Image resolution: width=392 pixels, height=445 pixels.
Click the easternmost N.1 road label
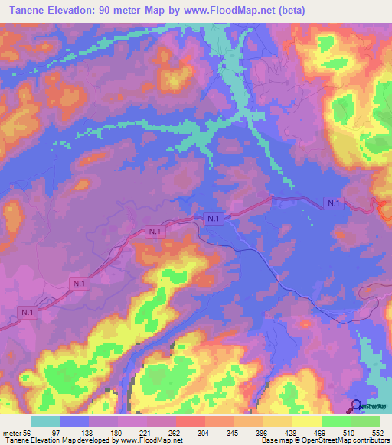pyautogui.click(x=333, y=203)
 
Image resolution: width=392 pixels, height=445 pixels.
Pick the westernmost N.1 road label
pyautogui.click(x=27, y=312)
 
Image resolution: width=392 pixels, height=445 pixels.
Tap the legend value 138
pyautogui.click(x=87, y=432)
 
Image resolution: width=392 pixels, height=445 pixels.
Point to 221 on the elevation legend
pyautogui.click(x=145, y=432)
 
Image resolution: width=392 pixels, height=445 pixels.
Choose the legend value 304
pyautogui.click(x=204, y=432)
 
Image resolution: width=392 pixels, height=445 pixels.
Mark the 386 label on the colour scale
pyautogui.click(x=262, y=432)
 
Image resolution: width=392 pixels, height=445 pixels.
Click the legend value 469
pyautogui.click(x=320, y=432)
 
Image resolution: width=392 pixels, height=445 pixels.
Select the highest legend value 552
pyautogui.click(x=378, y=432)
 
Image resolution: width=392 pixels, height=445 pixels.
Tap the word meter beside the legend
pyautogui.click(x=11, y=432)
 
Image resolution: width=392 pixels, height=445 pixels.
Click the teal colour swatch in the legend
pyautogui.click(x=45, y=421)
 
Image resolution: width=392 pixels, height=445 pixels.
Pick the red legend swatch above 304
pyautogui.click(x=191, y=421)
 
